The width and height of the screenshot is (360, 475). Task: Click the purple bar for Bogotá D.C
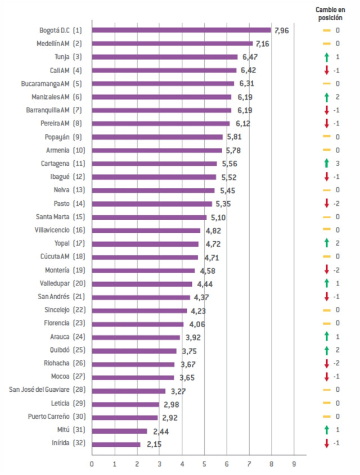pyautogui.click(x=181, y=30)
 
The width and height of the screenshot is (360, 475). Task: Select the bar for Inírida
pyautogui.click(x=116, y=444)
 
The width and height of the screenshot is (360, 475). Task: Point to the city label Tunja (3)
pyautogui.click(x=68, y=57)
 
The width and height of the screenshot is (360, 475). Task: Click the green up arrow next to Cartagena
pyautogui.click(x=326, y=164)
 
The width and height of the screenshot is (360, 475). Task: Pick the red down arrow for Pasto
pyautogui.click(x=326, y=203)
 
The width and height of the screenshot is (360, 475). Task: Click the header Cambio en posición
pyautogui.click(x=330, y=13)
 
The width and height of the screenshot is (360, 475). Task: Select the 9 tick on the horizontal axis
pyautogui.click(x=294, y=464)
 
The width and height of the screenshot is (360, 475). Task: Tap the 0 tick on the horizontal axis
pyautogui.click(x=92, y=464)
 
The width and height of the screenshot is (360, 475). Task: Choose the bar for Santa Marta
pyautogui.click(x=149, y=217)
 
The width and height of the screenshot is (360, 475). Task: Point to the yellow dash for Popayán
pyautogui.click(x=326, y=137)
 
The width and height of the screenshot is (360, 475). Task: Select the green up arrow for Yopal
pyautogui.click(x=326, y=243)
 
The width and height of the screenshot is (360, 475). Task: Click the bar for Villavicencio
pyautogui.click(x=146, y=230)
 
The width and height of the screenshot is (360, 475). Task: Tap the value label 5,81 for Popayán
pyautogui.click(x=233, y=137)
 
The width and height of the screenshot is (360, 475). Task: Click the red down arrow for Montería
pyautogui.click(x=326, y=270)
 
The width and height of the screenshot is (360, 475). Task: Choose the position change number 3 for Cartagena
pyautogui.click(x=337, y=164)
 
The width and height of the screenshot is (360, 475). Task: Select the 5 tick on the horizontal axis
pyautogui.click(x=204, y=464)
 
